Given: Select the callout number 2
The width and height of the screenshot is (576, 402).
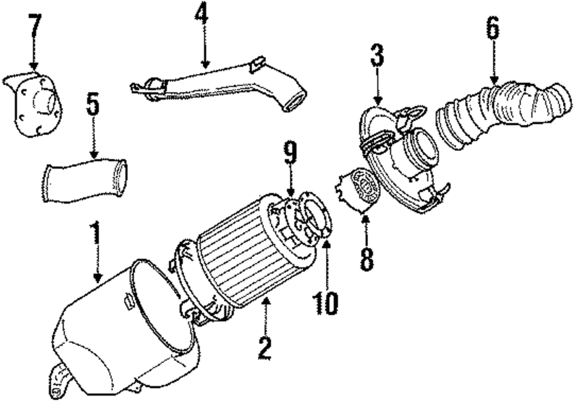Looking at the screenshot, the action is [x=264, y=347].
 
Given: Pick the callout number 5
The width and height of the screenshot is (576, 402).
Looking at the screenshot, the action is [x=93, y=105].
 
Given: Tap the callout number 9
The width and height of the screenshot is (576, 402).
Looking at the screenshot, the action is [x=290, y=153].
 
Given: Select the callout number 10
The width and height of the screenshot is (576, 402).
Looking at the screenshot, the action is [x=326, y=303].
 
